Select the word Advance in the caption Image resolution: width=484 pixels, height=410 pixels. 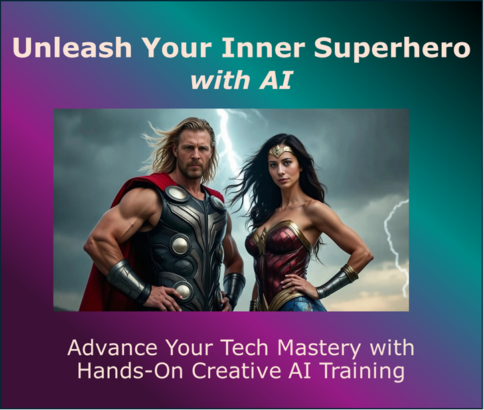coord(105,348)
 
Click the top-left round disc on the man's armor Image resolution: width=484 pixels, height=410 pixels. coord(177,194)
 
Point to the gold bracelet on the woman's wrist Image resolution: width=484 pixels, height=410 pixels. coord(349,273)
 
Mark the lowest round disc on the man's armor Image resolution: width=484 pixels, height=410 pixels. coord(182,290)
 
